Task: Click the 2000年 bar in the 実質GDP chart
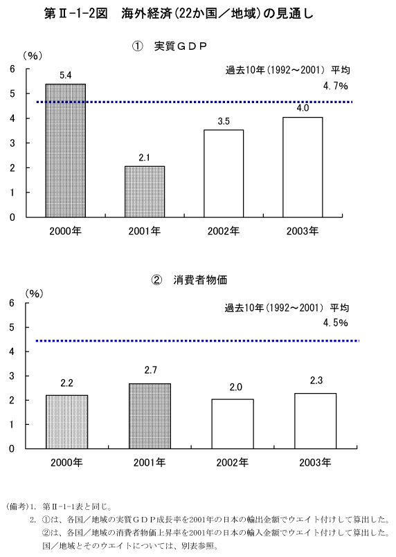[65, 150]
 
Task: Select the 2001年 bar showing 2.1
[145, 192]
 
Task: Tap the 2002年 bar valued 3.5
[224, 174]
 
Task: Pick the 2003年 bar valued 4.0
[303, 167]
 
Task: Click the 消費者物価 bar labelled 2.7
[150, 416]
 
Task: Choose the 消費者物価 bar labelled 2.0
[233, 423]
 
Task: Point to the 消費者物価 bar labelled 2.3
[315, 421]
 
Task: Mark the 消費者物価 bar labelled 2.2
[67, 422]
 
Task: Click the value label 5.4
[65, 75]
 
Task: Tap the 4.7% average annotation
[335, 86]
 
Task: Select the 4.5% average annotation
[335, 322]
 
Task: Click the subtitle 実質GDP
[180, 46]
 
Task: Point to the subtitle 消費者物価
[200, 280]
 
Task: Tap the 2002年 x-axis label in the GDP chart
[224, 231]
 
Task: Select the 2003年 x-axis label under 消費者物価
[315, 462]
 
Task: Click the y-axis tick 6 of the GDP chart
[12, 69]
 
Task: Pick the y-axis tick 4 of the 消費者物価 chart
[12, 351]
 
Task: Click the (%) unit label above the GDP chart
[33, 56]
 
